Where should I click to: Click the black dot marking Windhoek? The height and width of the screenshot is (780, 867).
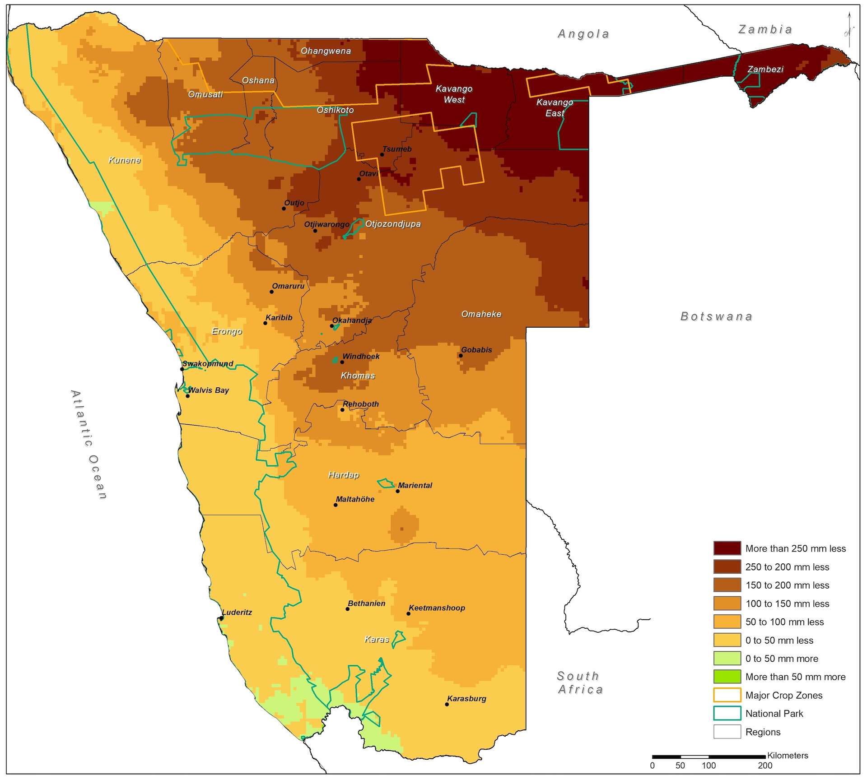(x=342, y=362)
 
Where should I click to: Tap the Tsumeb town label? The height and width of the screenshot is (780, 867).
(x=397, y=149)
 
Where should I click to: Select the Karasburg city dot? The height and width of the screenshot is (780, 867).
(x=447, y=704)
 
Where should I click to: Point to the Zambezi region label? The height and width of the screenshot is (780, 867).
(x=765, y=69)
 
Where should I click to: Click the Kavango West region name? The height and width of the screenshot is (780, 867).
(x=454, y=94)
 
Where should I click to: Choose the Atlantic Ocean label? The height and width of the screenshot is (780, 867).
(x=89, y=445)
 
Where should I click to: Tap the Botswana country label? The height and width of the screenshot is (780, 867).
(x=716, y=316)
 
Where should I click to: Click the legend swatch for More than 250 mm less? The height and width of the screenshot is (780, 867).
(x=727, y=548)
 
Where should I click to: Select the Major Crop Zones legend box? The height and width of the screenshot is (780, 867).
(x=727, y=695)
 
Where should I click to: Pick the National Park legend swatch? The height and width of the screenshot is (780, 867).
(x=727, y=713)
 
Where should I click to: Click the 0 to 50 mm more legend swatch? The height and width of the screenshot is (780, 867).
(x=727, y=658)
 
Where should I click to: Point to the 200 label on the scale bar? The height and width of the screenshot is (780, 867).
(x=765, y=765)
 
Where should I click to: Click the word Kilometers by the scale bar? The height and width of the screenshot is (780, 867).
(x=788, y=755)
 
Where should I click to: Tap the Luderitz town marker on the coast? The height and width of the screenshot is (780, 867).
(x=221, y=618)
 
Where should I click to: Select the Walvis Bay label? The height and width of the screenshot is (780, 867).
(x=209, y=390)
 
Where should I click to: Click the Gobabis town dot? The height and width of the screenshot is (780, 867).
(x=461, y=356)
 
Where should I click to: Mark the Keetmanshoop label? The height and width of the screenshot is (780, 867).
(x=437, y=608)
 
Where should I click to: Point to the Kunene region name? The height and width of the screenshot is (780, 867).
(x=125, y=160)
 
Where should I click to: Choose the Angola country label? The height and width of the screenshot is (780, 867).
(x=583, y=34)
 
